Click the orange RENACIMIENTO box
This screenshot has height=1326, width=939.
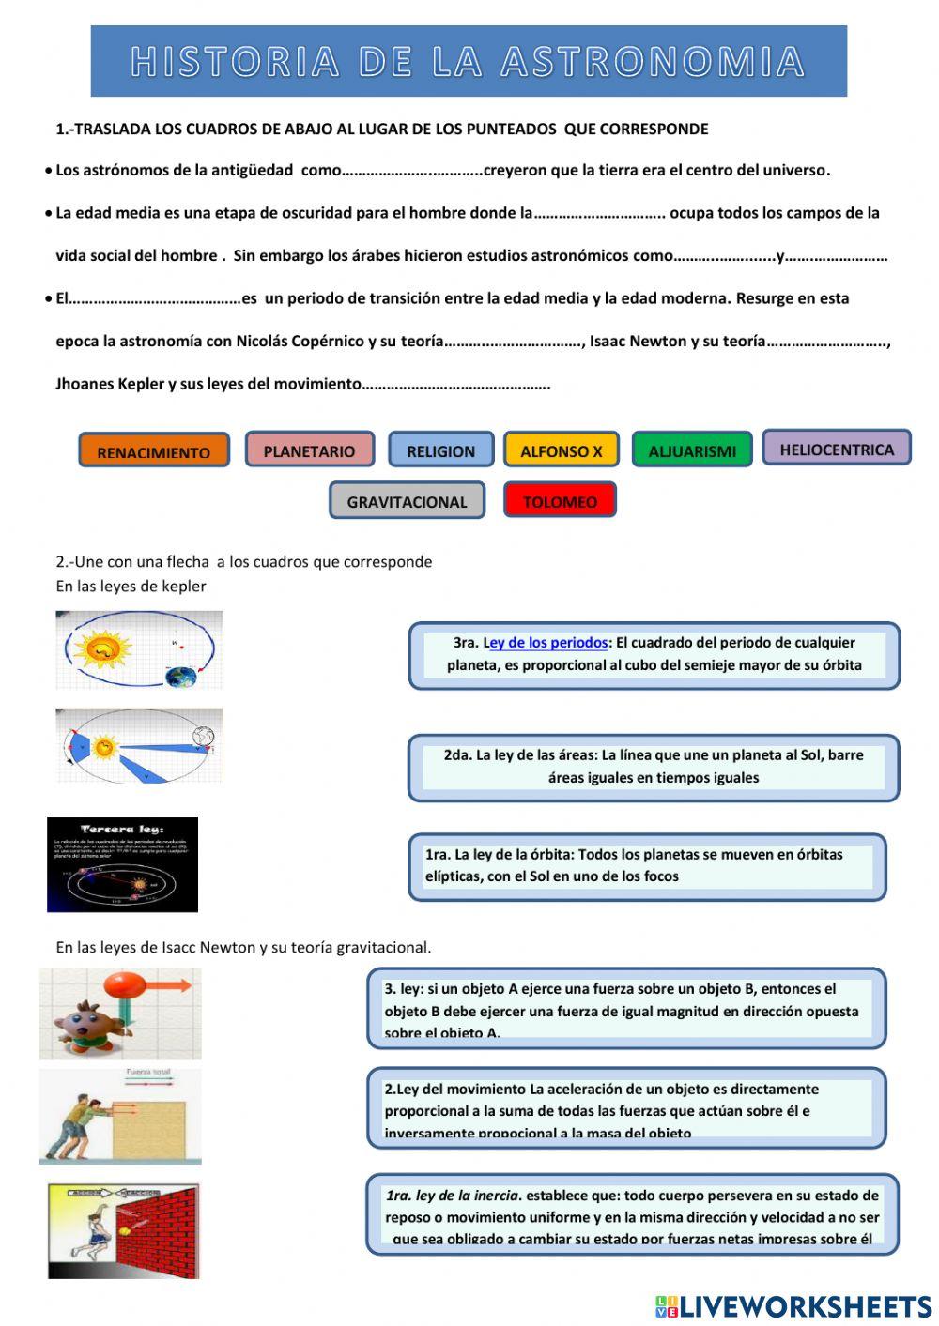pos(154,450)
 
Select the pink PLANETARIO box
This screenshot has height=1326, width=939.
pos(310,450)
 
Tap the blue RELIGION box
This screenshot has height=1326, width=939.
pos(440,450)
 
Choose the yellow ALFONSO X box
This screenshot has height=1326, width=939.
pos(562,450)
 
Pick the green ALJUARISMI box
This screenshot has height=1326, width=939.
pos(692,450)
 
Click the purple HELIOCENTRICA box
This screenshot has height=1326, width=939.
pos(836,449)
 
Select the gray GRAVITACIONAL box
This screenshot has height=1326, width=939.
pos(407,501)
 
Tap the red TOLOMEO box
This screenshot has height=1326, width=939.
pos(560,501)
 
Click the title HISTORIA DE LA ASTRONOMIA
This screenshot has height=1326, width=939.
pos(468,62)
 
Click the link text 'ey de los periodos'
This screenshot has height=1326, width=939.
pos(548,643)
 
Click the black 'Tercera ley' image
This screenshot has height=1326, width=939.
pos(122,864)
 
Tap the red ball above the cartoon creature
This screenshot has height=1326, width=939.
pos(125,985)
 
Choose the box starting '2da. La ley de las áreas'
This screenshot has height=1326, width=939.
pos(654,767)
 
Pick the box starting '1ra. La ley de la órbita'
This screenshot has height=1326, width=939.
pos(648,866)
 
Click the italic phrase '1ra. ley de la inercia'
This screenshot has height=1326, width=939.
pos(453,1196)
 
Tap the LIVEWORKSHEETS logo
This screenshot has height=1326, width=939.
pos(793,1306)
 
